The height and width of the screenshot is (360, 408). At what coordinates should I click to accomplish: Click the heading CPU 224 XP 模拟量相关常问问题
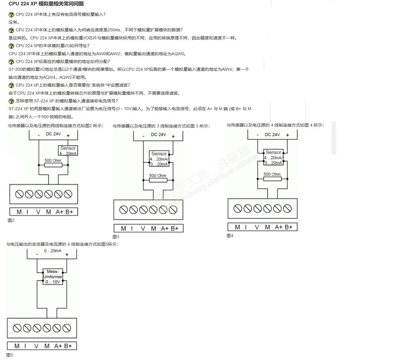tap(46, 4)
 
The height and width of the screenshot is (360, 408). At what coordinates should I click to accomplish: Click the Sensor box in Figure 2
tap(68, 150)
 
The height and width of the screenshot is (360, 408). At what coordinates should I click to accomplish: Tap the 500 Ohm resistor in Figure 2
tap(53, 165)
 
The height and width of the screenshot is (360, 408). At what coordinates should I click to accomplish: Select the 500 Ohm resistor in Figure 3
tap(158, 180)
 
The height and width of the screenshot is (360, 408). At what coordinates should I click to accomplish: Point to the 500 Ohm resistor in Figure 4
tap(272, 179)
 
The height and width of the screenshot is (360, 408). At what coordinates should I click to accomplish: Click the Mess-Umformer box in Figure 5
tap(53, 276)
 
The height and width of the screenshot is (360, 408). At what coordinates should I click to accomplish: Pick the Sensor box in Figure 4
tap(273, 157)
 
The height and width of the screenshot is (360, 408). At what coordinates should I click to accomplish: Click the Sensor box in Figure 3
tap(159, 159)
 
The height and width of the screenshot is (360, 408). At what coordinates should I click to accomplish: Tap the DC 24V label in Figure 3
tap(158, 135)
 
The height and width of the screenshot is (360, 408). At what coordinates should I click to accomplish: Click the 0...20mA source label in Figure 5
tap(53, 251)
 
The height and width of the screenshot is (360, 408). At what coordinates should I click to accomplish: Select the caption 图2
tap(11, 220)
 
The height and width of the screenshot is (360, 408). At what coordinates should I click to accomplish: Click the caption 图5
tap(10, 355)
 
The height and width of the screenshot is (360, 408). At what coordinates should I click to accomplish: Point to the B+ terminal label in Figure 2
tap(69, 212)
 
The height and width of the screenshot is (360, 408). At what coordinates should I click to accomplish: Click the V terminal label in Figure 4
tap(257, 227)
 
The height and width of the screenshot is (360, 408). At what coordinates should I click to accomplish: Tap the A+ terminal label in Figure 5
tap(58, 346)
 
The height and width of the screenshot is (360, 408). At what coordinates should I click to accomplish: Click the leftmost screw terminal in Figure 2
tap(19, 194)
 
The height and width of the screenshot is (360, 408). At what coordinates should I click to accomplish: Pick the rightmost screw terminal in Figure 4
tap(287, 208)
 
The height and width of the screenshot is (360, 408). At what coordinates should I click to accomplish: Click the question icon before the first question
tap(11, 14)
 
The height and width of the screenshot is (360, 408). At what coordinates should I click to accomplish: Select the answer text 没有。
tap(14, 22)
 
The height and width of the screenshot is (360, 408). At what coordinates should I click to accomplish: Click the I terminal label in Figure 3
tap(132, 228)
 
